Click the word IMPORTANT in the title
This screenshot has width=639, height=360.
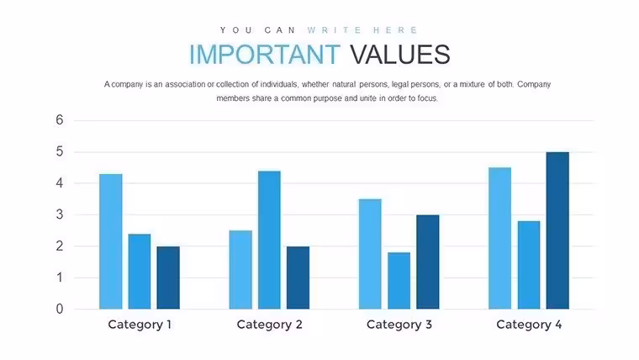(265, 54)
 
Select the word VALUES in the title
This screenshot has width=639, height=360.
(400, 54)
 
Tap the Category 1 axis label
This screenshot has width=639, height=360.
(140, 325)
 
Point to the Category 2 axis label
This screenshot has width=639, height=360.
(269, 325)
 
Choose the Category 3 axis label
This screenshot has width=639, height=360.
(399, 325)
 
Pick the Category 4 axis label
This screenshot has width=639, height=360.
(529, 325)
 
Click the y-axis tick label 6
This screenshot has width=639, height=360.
(60, 120)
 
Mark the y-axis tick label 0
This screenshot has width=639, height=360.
(60, 309)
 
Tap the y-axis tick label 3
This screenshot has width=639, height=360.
(60, 214)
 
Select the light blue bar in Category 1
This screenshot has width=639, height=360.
(111, 241)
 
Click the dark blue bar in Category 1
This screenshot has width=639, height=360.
(168, 278)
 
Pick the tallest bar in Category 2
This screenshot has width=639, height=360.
(269, 240)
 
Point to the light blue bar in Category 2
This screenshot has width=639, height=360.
(240, 269)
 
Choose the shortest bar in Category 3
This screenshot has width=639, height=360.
(399, 280)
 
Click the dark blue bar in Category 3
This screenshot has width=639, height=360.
(428, 262)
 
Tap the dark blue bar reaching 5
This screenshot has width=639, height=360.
(557, 230)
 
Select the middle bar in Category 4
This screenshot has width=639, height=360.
(529, 265)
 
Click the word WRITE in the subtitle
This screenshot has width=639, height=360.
(335, 30)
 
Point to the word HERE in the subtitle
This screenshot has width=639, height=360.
(396, 30)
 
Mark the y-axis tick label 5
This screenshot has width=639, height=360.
(60, 151)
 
